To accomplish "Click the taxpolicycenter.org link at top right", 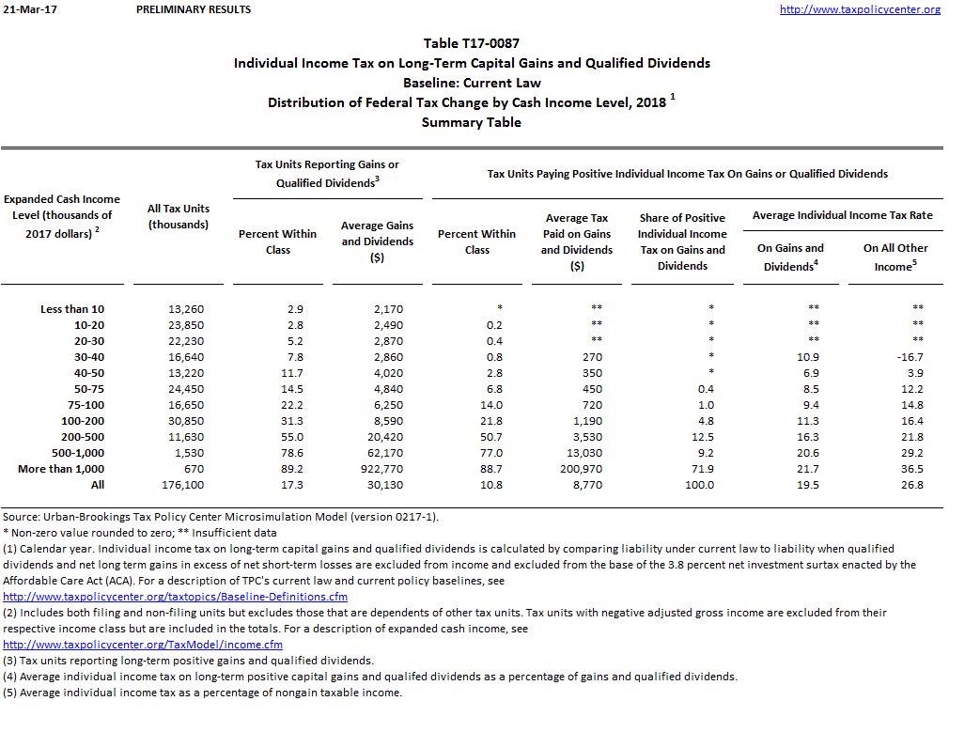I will (860, 9).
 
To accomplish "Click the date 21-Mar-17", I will (25, 9).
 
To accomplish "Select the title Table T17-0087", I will (471, 43).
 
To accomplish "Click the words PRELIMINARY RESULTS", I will (194, 9).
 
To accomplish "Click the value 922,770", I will (376, 469).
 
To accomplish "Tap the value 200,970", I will (576, 469).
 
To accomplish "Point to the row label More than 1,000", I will (61, 469).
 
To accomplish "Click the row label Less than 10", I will (72, 309).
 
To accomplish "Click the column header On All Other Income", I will (894, 257).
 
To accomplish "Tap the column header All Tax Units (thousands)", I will (179, 216).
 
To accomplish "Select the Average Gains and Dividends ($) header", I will (376, 241).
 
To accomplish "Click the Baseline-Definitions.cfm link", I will (176, 597).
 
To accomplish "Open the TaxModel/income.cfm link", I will (143, 645).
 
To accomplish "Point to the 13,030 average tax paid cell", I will (576, 453).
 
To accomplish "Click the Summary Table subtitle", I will (471, 122).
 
